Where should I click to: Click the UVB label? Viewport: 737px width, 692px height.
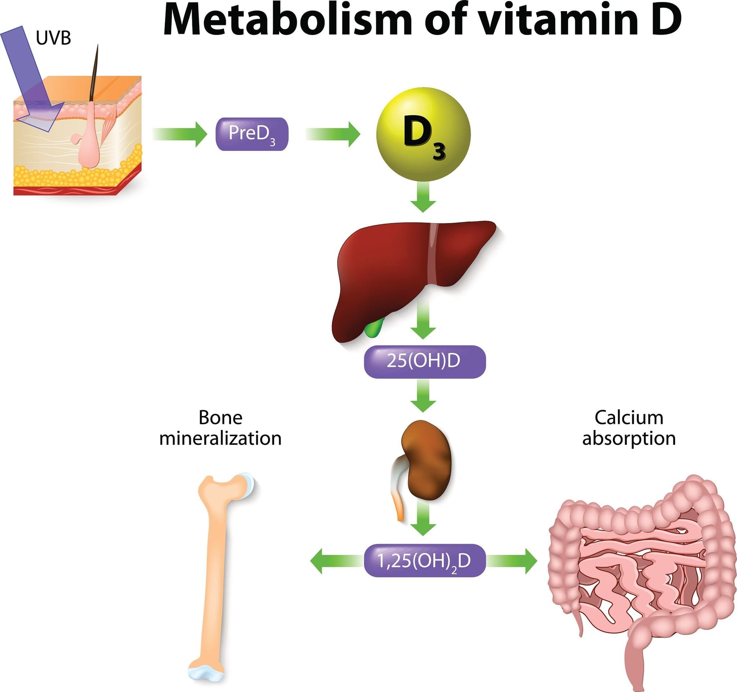point(53,38)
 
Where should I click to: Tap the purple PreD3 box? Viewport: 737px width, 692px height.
point(252,134)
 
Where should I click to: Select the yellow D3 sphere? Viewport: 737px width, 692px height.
point(423,134)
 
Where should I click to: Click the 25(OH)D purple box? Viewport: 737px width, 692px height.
point(425,361)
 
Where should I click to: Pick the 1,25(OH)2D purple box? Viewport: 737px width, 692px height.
point(425,561)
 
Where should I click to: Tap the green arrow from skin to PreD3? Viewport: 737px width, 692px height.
point(180,134)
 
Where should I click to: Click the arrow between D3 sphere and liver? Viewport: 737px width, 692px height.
point(423,198)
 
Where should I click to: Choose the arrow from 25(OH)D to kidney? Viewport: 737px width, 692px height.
point(423,395)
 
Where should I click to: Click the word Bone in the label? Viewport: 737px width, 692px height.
point(220,418)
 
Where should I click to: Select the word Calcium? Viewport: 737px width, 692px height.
point(629,418)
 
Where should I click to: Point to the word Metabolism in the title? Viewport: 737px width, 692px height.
point(287,20)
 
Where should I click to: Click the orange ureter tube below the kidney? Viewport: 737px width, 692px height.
point(399,510)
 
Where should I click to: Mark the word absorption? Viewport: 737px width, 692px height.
point(629,439)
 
